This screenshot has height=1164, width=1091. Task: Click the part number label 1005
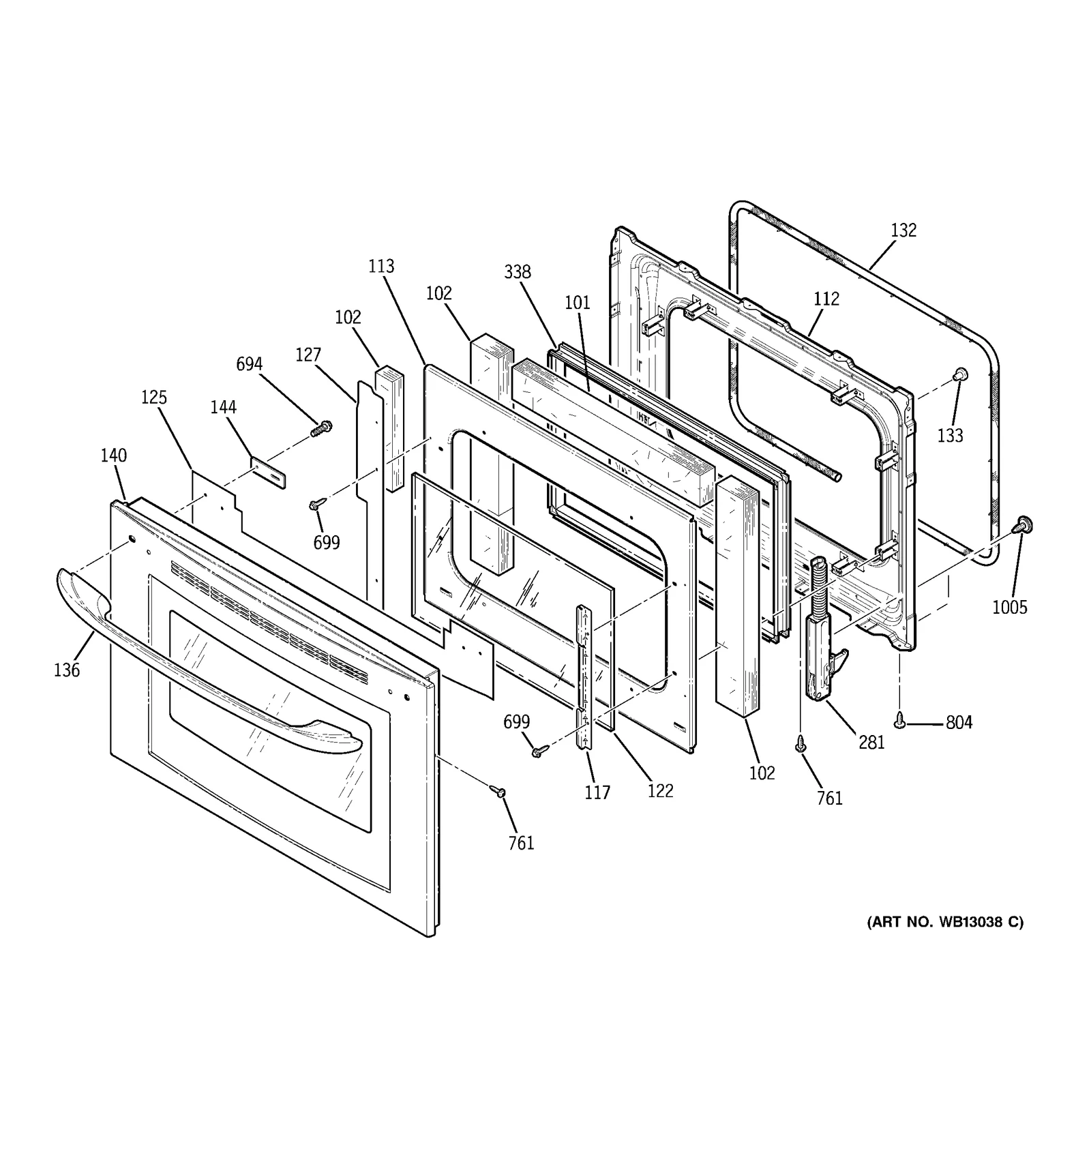click(x=1009, y=607)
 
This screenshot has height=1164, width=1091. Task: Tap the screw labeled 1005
click(x=1021, y=524)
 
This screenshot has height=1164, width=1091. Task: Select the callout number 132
click(x=903, y=230)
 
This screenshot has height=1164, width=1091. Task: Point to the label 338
click(x=518, y=272)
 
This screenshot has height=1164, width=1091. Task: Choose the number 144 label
click(x=223, y=407)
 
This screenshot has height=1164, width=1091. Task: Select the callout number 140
click(x=114, y=456)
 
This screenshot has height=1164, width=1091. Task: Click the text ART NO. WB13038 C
click(x=945, y=922)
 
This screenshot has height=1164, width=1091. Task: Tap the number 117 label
click(x=597, y=792)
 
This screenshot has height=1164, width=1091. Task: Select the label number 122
click(x=660, y=791)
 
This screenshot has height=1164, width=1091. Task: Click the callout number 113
click(x=381, y=266)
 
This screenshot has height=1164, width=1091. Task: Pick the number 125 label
click(x=154, y=398)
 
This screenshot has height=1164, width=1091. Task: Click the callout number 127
click(x=308, y=355)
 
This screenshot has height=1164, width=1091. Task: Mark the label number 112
click(x=826, y=299)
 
